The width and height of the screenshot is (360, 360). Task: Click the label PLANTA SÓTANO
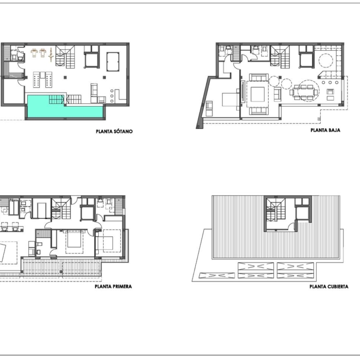pos(114,132)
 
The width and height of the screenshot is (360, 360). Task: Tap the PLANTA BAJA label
pos(325,130)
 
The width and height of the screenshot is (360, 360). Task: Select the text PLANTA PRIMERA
pos(113,287)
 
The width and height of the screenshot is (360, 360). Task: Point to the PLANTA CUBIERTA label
pos(329,287)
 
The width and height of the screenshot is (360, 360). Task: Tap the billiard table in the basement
pos(113,61)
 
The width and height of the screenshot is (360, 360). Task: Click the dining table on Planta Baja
pos(304,92)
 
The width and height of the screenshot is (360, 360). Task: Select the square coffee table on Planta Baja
pos(258,94)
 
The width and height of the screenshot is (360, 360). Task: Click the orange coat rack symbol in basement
pos(51,54)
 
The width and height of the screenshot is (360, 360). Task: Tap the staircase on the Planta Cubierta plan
pos(276,210)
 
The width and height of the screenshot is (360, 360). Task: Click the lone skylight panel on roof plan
pos(217,275)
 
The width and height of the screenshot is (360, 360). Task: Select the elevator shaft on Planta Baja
pos(306,60)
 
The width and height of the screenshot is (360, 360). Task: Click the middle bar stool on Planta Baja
pos(330,83)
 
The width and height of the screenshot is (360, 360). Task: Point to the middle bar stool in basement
pos(112,96)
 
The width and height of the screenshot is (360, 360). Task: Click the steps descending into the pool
pos(56,99)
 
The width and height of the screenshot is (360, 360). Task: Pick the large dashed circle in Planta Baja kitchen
pos(325,60)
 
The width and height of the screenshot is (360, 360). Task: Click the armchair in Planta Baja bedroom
pos(209,108)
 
